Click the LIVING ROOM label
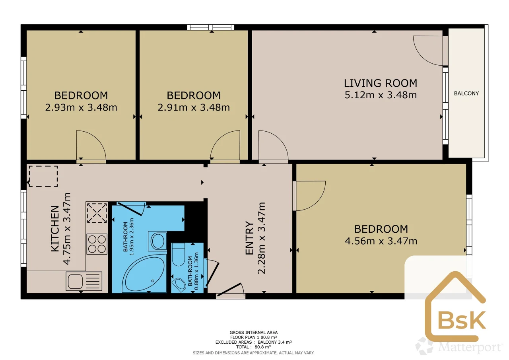pyautogui.click(x=381, y=83)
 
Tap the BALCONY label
pyautogui.click(x=466, y=93)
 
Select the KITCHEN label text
pyautogui.click(x=55, y=228)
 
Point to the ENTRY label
pyautogui.click(x=249, y=238)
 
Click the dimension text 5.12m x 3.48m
pyautogui.click(x=381, y=95)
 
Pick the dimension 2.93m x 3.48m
pyautogui.click(x=81, y=107)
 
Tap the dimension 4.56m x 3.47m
pyautogui.click(x=381, y=241)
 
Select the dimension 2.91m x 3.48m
pyautogui.click(x=194, y=107)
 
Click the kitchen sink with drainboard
pyautogui.click(x=84, y=281)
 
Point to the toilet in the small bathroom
pyautogui.click(x=179, y=255)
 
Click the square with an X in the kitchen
pyautogui.click(x=97, y=213)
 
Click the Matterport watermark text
pyautogui.click(x=470, y=347)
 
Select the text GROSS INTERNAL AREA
pyautogui.click(x=254, y=333)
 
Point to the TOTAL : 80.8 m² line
pyautogui.click(x=254, y=347)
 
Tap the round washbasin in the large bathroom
pyautogui.click(x=157, y=241)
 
